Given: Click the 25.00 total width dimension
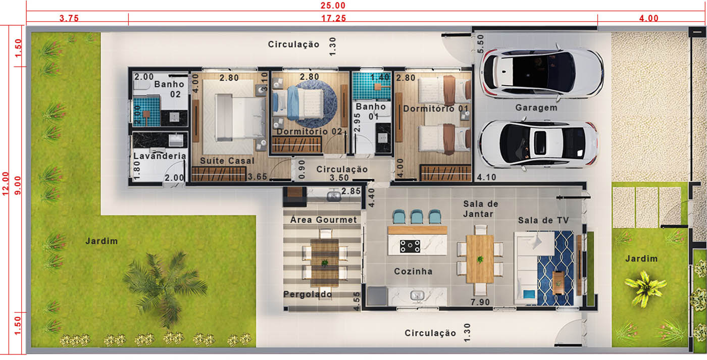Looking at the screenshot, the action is tap(333, 6).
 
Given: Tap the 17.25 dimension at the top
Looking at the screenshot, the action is tap(334, 18).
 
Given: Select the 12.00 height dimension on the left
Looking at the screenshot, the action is tap(6, 184).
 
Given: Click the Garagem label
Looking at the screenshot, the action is tap(536, 108).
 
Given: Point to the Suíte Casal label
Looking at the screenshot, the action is tap(227, 161).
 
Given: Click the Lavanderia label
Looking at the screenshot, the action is tap(160, 156).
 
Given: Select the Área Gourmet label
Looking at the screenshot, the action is tap(324, 220).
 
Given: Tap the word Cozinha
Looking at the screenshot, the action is tap(413, 271).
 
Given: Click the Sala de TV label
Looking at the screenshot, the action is tap(543, 220).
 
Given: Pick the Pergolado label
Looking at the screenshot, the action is tap(308, 294).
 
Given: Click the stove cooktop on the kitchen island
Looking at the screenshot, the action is tap(410, 246).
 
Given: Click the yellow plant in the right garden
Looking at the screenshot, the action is tap(645, 288).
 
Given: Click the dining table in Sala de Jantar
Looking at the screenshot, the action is tap(480, 259).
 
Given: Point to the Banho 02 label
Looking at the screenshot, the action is tap(170, 89).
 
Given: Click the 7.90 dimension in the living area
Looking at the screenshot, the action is tap(480, 302).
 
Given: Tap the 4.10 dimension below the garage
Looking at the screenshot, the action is tap(486, 177).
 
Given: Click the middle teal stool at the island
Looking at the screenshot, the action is tap(417, 217).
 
